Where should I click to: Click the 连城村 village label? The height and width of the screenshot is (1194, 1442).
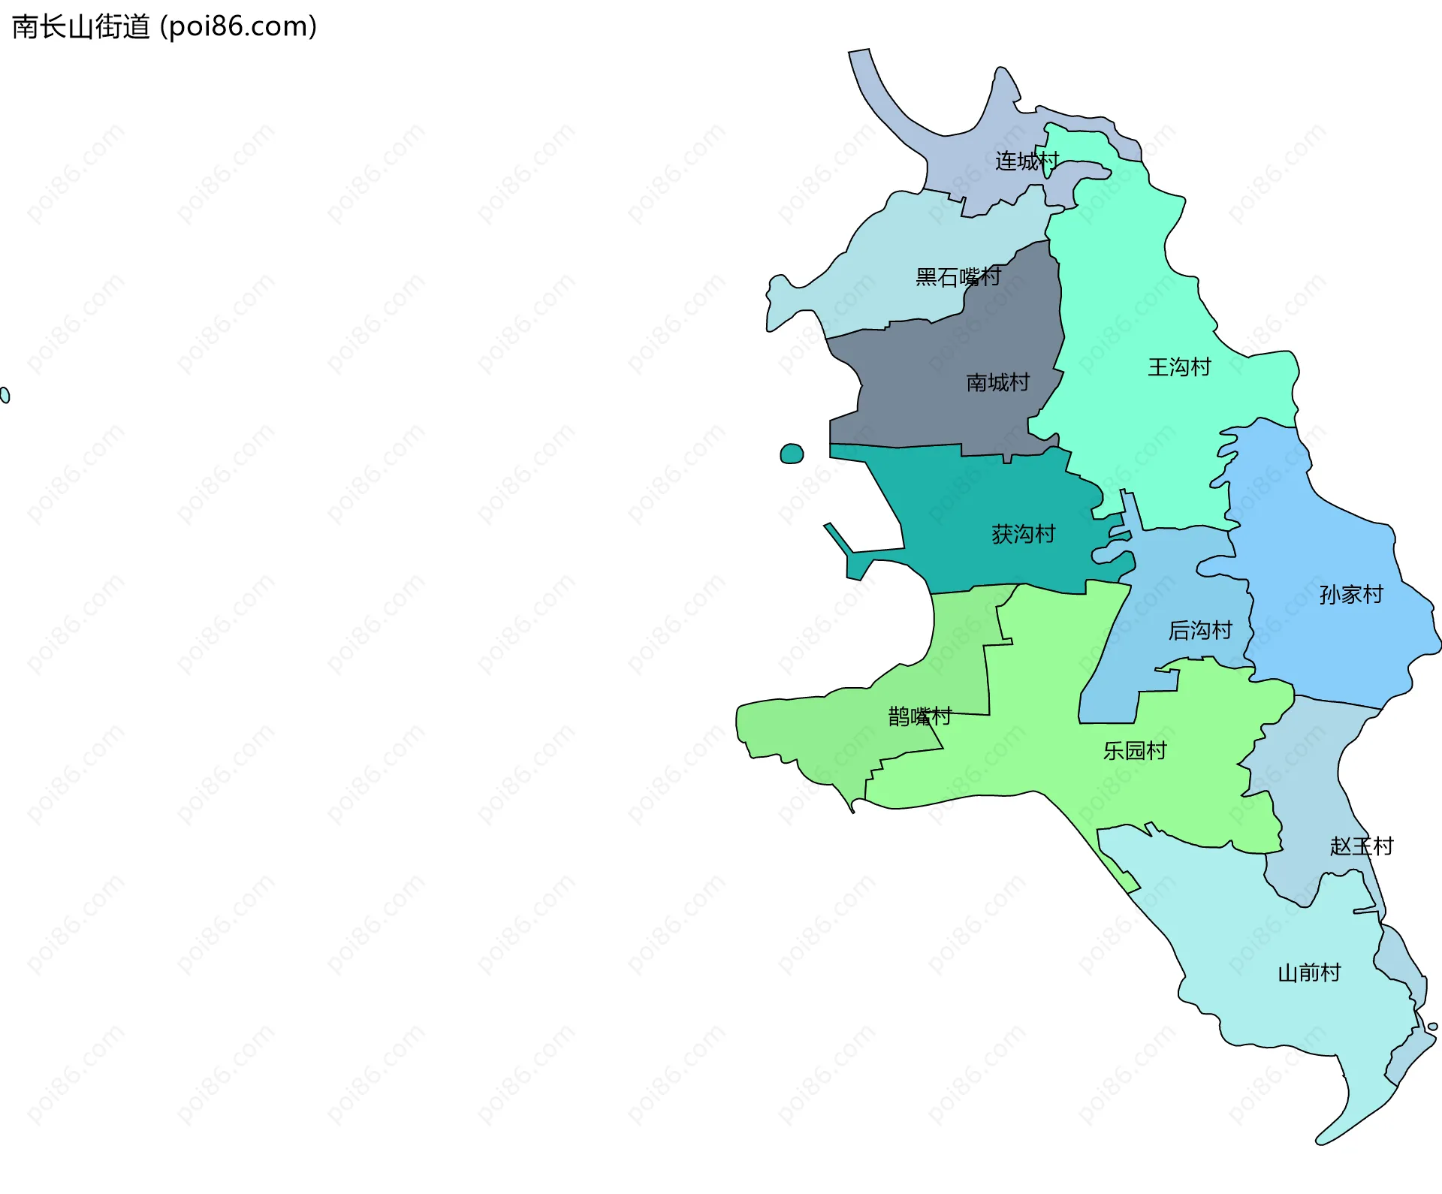(1027, 161)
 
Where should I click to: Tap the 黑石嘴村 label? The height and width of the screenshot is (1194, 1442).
(958, 277)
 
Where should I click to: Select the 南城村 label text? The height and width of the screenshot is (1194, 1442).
(997, 383)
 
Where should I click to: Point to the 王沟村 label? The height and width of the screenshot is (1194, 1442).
(1179, 367)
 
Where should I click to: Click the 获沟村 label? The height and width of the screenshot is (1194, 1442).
(1023, 534)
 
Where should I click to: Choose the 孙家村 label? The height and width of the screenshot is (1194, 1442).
(1351, 595)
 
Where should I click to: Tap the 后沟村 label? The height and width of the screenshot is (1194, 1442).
(1200, 630)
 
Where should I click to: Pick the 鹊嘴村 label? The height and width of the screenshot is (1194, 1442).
(919, 716)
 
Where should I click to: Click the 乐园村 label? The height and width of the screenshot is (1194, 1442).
(1134, 751)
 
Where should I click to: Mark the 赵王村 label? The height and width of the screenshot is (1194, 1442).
(1362, 846)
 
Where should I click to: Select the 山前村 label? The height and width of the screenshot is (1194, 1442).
(1309, 973)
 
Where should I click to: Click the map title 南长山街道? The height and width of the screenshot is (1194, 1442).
(81, 27)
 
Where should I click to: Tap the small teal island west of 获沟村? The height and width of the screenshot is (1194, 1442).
(792, 454)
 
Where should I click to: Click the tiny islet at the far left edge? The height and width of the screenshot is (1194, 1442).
(5, 395)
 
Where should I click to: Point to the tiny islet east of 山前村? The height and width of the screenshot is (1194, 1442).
(1432, 1027)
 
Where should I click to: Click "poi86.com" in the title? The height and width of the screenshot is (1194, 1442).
(238, 27)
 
